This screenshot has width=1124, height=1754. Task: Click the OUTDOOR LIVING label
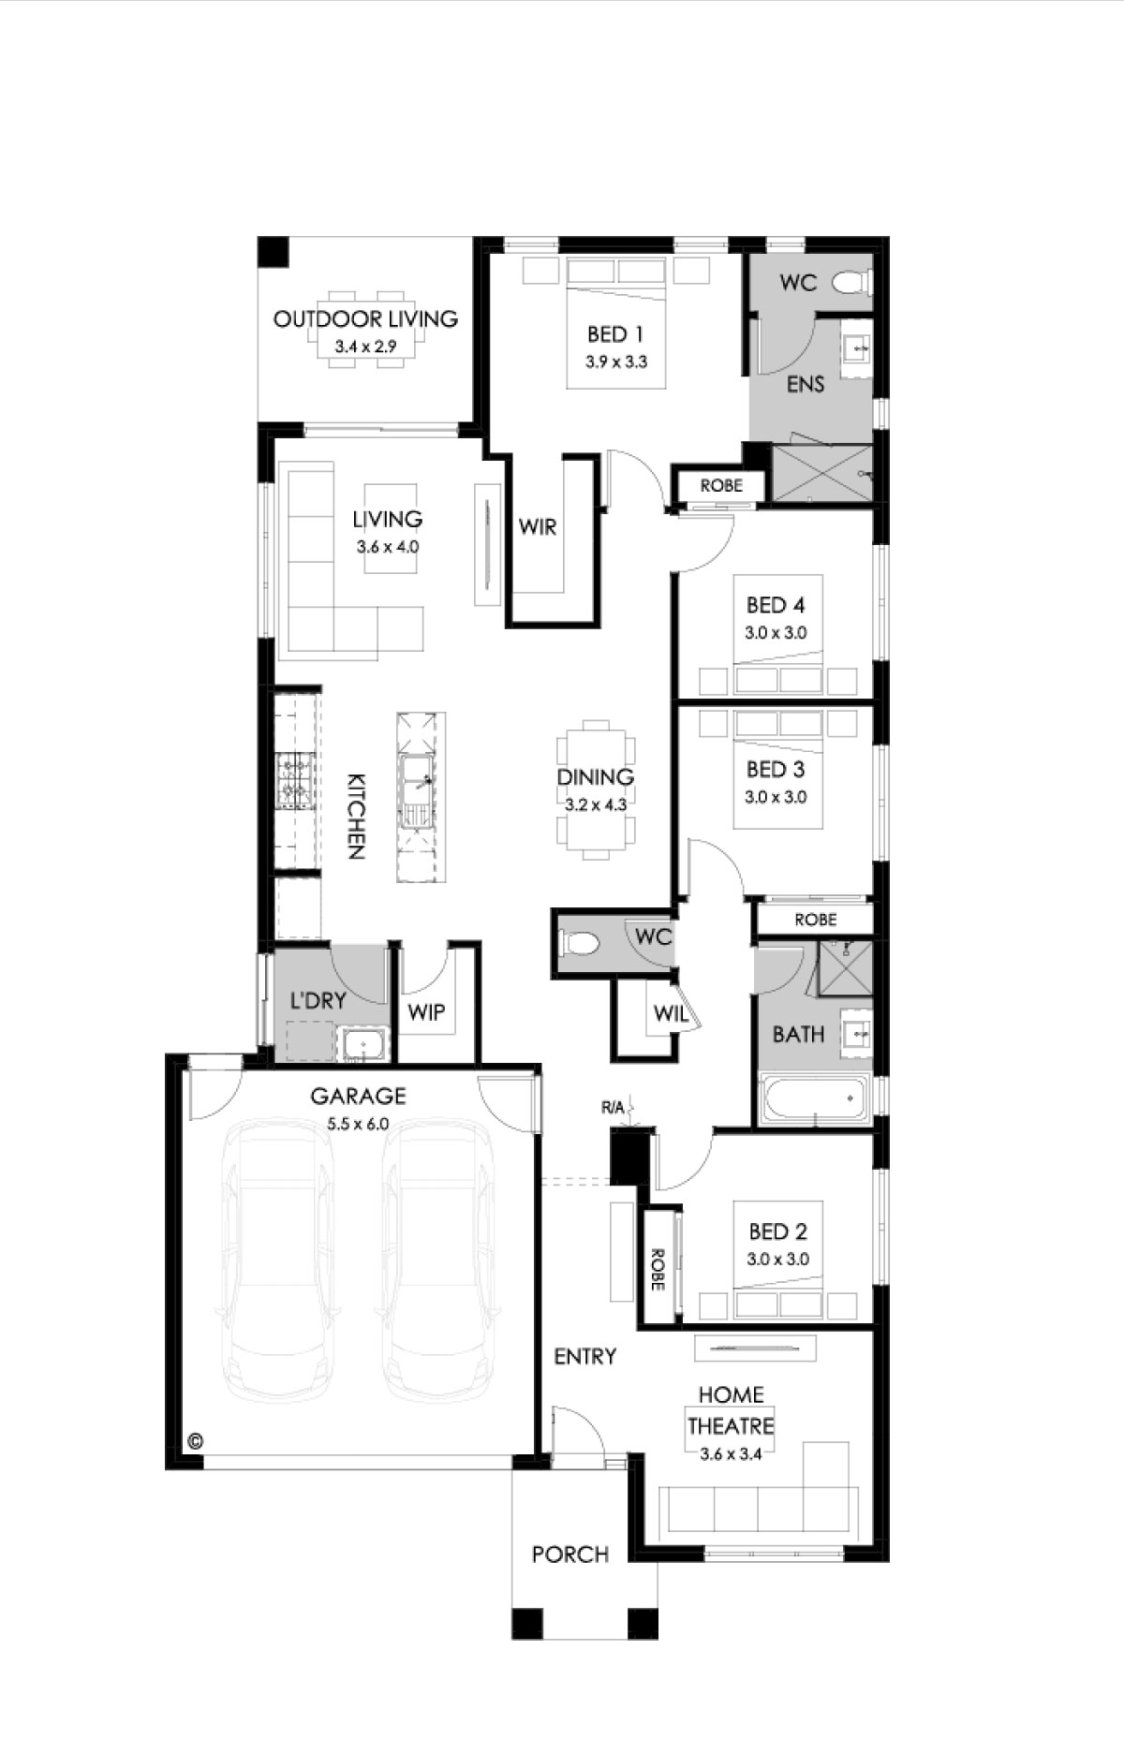coord(365,318)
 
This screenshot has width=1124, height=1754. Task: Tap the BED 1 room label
coord(615,333)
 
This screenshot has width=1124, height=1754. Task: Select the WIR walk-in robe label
coord(538,527)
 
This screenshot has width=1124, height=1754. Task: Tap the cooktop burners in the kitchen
coord(294,781)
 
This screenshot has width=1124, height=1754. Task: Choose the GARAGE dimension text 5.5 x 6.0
coord(358,1124)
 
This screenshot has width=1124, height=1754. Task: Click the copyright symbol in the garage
coord(195,1440)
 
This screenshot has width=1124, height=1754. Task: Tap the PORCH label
coord(570,1555)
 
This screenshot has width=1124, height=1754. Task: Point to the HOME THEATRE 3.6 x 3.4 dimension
coord(731,1454)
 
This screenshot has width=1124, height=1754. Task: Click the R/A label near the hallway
coord(613,1108)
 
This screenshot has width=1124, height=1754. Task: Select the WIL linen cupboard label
coord(671,1012)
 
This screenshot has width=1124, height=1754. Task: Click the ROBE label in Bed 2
coord(658,1269)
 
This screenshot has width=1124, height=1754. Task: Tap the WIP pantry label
coord(426,1012)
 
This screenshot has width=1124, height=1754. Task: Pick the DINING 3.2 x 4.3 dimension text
coord(596,803)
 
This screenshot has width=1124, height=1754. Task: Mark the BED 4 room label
coord(776,605)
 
